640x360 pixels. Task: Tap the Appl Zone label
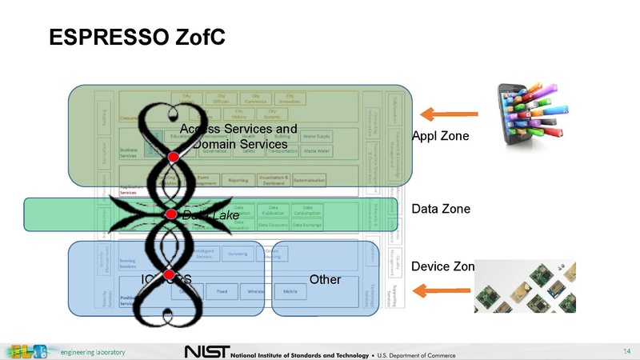point(441,137)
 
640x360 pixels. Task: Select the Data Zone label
point(441,210)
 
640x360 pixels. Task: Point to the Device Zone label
point(443,266)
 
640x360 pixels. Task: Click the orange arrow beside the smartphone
point(450,113)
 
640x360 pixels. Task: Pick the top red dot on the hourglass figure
point(173,158)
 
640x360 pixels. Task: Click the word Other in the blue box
point(325,280)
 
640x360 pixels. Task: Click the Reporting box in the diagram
point(238,180)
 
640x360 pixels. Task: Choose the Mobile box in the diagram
point(290,292)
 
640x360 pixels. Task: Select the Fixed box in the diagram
point(222,292)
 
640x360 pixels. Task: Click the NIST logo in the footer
point(206,352)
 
